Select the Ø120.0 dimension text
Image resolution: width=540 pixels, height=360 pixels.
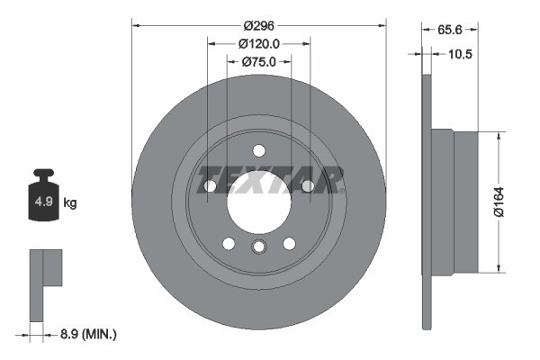tap(258, 43)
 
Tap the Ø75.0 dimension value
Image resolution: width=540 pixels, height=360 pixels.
tap(258, 62)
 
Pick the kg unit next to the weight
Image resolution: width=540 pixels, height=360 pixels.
tap(70, 203)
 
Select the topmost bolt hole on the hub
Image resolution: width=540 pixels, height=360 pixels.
tap(258, 150)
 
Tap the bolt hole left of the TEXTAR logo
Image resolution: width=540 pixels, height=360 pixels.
tap(210, 186)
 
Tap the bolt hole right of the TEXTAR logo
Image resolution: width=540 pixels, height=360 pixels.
tap(307, 186)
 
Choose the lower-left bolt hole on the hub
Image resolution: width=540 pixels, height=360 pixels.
tap(229, 243)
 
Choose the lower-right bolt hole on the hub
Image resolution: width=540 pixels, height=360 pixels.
tap(289, 243)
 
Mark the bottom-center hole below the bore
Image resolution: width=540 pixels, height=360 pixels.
tap(258, 247)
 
